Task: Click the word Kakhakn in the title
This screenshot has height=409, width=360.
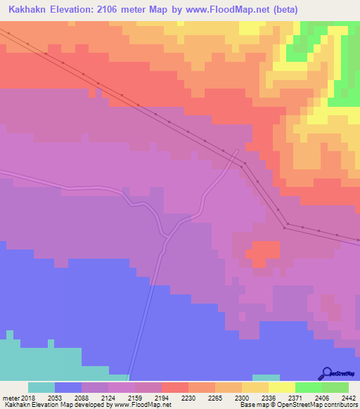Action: click(30, 10)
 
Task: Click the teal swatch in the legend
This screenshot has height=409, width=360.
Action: click(41, 387)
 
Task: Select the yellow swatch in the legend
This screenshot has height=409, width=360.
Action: click(282, 387)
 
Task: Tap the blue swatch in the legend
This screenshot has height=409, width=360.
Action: click(68, 387)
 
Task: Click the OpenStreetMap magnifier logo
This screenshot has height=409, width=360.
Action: click(326, 373)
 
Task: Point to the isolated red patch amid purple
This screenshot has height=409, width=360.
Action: click(263, 251)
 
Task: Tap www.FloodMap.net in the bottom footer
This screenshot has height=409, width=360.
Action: click(144, 405)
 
